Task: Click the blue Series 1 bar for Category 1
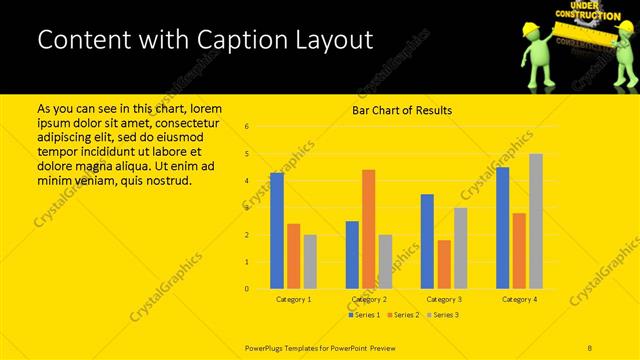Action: point(277,231)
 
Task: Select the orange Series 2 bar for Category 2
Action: point(368,229)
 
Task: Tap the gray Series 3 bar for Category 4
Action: point(536,221)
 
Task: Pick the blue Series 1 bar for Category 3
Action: point(427,241)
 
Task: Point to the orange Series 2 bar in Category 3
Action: point(444,264)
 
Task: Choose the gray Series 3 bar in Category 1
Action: point(310,262)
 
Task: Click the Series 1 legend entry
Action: point(363,315)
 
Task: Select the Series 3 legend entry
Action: point(443,315)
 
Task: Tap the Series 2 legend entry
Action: point(403,315)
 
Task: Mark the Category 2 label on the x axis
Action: point(369,299)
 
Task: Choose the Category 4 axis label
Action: point(519,299)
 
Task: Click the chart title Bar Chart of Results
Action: point(402,110)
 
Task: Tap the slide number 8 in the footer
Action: point(590,346)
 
